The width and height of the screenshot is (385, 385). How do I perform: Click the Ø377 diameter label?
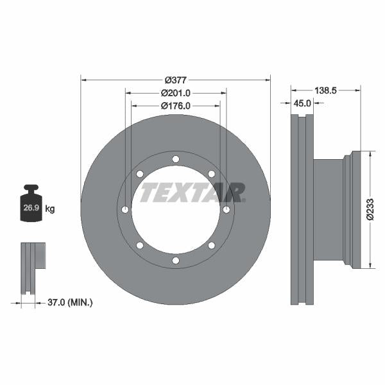(x=175, y=80)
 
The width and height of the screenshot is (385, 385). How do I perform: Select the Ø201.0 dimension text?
(x=175, y=92)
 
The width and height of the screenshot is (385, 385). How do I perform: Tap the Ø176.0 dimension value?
(x=175, y=105)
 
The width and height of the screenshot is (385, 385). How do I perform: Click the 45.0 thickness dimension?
(x=302, y=103)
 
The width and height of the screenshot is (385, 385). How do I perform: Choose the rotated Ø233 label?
(x=370, y=209)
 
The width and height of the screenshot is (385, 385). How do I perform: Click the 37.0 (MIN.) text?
(x=71, y=302)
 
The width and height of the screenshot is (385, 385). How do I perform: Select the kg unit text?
(x=50, y=208)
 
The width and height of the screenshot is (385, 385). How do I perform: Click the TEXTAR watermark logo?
(x=193, y=192)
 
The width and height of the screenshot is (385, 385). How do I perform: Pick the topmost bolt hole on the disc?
(x=175, y=159)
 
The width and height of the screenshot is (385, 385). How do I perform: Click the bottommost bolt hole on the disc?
(x=175, y=260)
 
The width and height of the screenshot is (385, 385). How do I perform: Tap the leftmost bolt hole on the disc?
(x=125, y=210)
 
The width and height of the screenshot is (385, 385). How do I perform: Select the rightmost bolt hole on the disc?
(x=226, y=210)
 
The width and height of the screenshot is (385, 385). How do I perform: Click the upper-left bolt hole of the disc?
(x=140, y=174)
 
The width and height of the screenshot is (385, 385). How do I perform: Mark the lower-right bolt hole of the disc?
(x=211, y=245)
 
